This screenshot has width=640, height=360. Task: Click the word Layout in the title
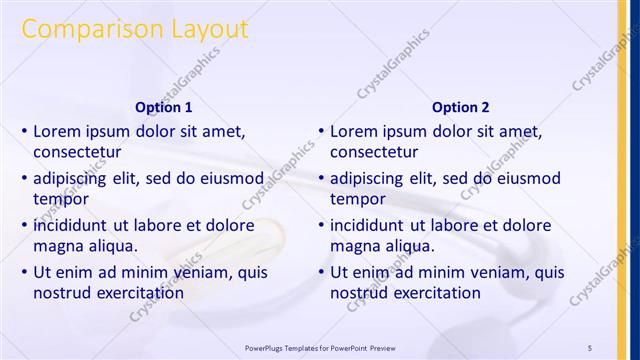coord(205,30)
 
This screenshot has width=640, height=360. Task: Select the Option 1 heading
coord(163,107)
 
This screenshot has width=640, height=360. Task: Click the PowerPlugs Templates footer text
coord(320,347)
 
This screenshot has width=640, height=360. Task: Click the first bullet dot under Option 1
coord(24,131)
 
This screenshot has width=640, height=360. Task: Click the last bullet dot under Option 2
coord(321,273)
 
